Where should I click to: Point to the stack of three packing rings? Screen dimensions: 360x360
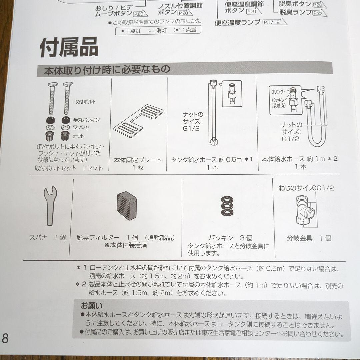pyautogui.click(x=227, y=207)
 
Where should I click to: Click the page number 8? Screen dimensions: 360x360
pyautogui.click(x=5, y=338)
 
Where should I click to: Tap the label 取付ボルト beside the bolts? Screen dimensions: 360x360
pyautogui.click(x=85, y=102)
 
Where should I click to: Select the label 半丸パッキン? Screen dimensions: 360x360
pyautogui.click(x=87, y=120)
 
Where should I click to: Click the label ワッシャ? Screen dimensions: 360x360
pyautogui.click(x=82, y=127)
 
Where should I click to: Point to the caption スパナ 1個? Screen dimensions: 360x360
pyautogui.click(x=47, y=238)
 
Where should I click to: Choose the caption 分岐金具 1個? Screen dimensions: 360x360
pyautogui.click(x=309, y=238)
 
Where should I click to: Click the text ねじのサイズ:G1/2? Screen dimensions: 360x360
pyautogui.click(x=306, y=188)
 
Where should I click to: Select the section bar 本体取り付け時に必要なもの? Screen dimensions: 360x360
pyautogui.click(x=107, y=70)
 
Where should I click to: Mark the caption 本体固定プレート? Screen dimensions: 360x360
pyautogui.click(x=138, y=160)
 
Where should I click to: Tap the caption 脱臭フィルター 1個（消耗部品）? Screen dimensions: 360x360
pyautogui.click(x=126, y=238)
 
